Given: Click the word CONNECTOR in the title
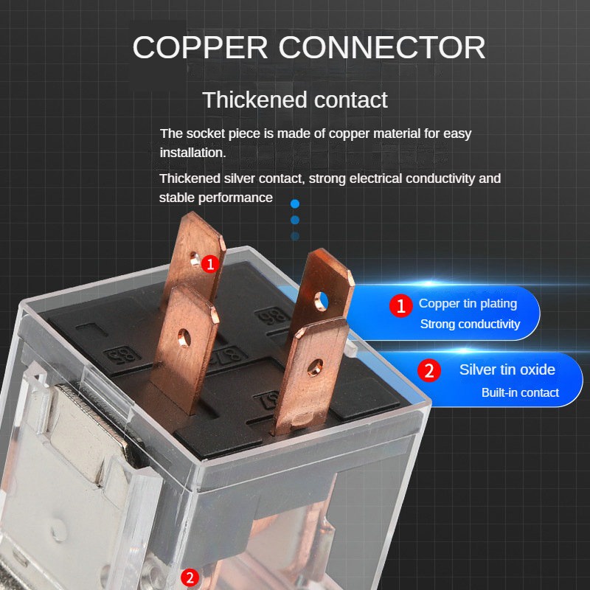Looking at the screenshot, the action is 383,47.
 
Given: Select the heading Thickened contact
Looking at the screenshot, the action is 295,100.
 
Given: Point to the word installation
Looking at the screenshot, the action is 192,153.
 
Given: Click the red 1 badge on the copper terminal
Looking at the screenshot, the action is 211,263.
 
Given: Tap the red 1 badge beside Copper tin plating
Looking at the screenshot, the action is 401,306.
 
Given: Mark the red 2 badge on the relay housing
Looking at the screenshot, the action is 190,577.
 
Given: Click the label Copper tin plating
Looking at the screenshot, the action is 468,304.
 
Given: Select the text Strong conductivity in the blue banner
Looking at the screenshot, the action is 470,324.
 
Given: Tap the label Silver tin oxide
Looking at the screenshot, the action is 507,369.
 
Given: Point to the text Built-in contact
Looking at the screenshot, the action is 520,392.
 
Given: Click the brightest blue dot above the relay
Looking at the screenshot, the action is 295,203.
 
